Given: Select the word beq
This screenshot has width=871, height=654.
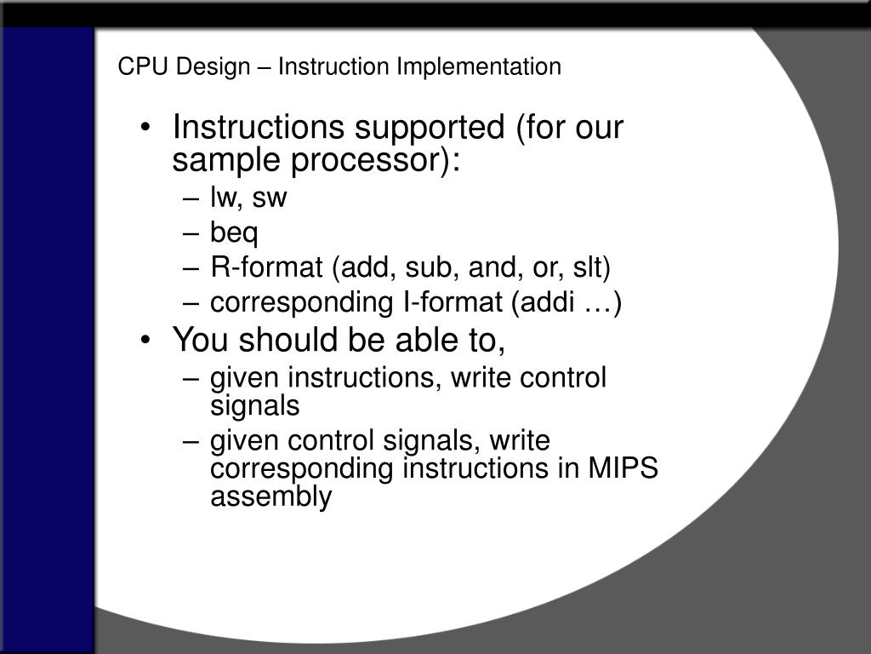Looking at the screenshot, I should click(x=234, y=232).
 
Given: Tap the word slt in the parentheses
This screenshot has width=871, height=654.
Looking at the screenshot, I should click(x=589, y=267).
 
